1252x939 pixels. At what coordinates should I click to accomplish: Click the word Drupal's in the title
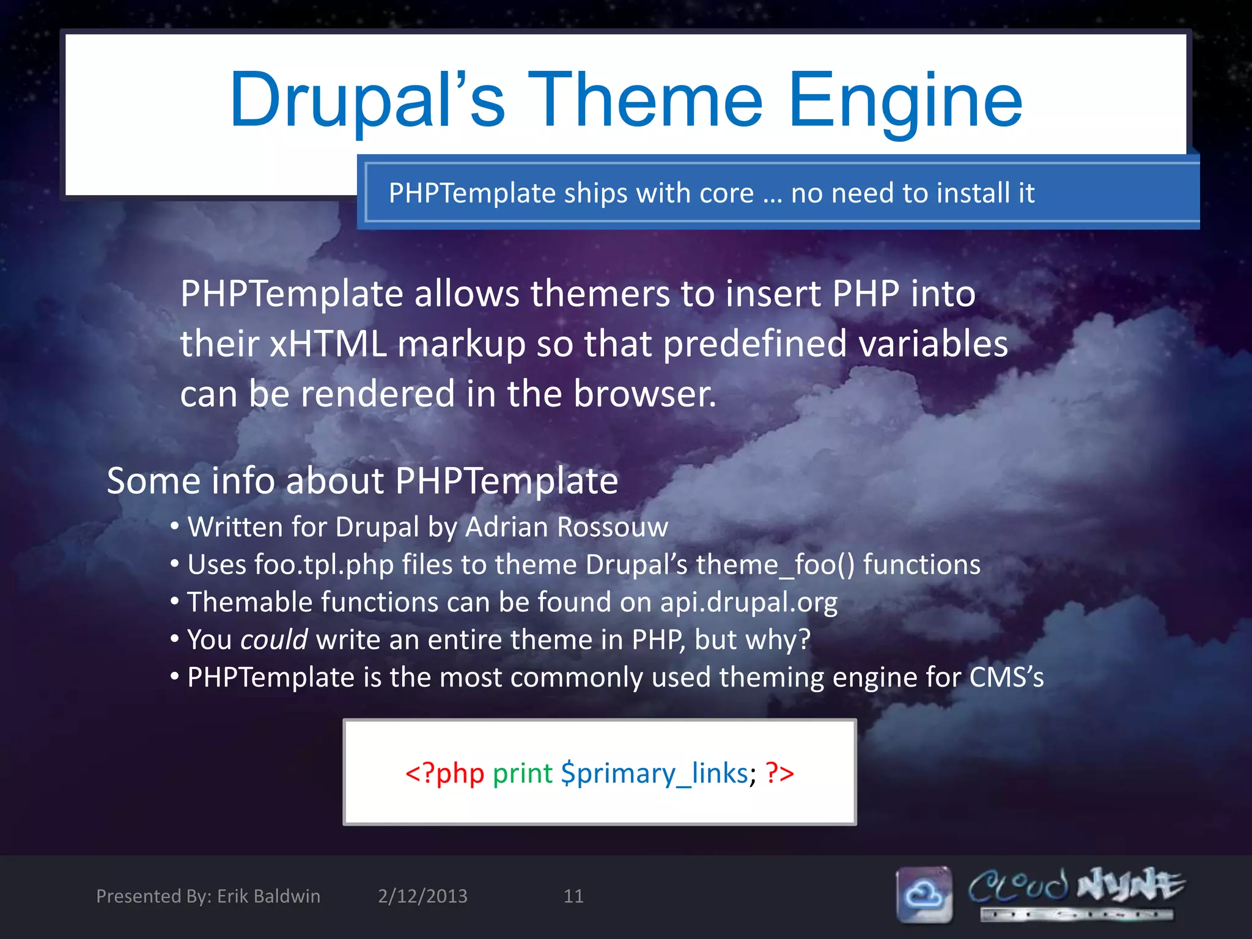367,101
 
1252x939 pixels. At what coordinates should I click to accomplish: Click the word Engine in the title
905,101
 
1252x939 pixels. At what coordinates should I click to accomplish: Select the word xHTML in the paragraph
328,344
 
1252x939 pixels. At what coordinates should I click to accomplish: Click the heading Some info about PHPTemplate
362,481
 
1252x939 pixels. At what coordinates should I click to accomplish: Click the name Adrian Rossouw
566,527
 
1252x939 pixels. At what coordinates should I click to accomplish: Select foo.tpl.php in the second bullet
324,565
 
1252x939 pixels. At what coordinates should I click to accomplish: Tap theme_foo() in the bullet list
775,565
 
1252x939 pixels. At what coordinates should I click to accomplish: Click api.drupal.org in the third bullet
748,603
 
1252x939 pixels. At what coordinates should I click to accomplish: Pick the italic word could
274,640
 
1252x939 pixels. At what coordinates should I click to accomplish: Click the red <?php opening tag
444,773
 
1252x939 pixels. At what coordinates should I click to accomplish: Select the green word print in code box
523,773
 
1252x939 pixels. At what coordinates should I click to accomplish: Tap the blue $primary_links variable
654,773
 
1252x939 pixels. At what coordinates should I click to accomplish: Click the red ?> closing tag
779,773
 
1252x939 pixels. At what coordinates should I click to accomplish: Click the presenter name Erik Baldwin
268,896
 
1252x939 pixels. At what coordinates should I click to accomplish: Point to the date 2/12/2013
422,896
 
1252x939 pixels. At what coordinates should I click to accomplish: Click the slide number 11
573,896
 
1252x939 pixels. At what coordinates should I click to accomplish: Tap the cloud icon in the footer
924,894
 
